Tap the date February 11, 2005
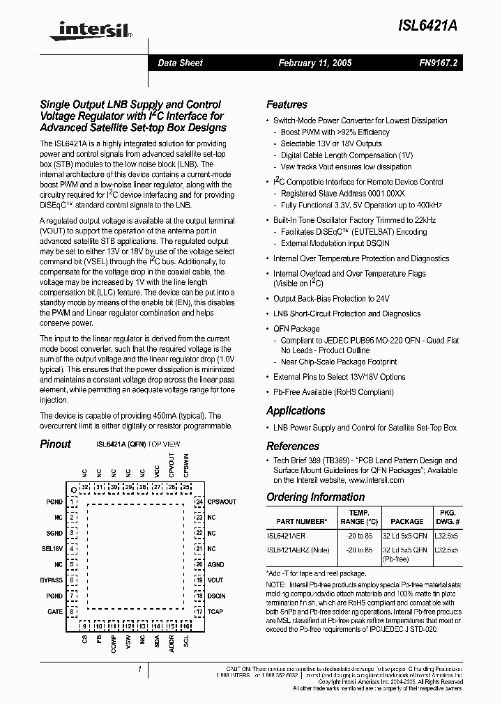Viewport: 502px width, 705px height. pos(315,63)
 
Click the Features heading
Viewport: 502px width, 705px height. pos(287,104)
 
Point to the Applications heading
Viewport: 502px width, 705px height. pos(296,411)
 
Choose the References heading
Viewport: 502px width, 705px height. pos(293,446)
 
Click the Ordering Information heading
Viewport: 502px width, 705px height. pos(315,497)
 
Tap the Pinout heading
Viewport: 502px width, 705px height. pos(55,444)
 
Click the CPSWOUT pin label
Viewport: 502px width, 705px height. pos(222,502)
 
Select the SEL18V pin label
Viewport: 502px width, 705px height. pos(52,549)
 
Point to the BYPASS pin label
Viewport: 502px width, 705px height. pos(51,580)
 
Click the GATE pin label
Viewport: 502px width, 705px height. pos(55,612)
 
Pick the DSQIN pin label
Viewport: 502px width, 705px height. pos(216,596)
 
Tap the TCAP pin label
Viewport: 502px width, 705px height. pos(215,612)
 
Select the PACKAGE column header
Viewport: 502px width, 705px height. pos(406,521)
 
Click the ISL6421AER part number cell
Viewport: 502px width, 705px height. pos(286,536)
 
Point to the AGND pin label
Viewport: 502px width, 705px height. pos(215,565)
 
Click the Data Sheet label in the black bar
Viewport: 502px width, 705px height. pos(180,63)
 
